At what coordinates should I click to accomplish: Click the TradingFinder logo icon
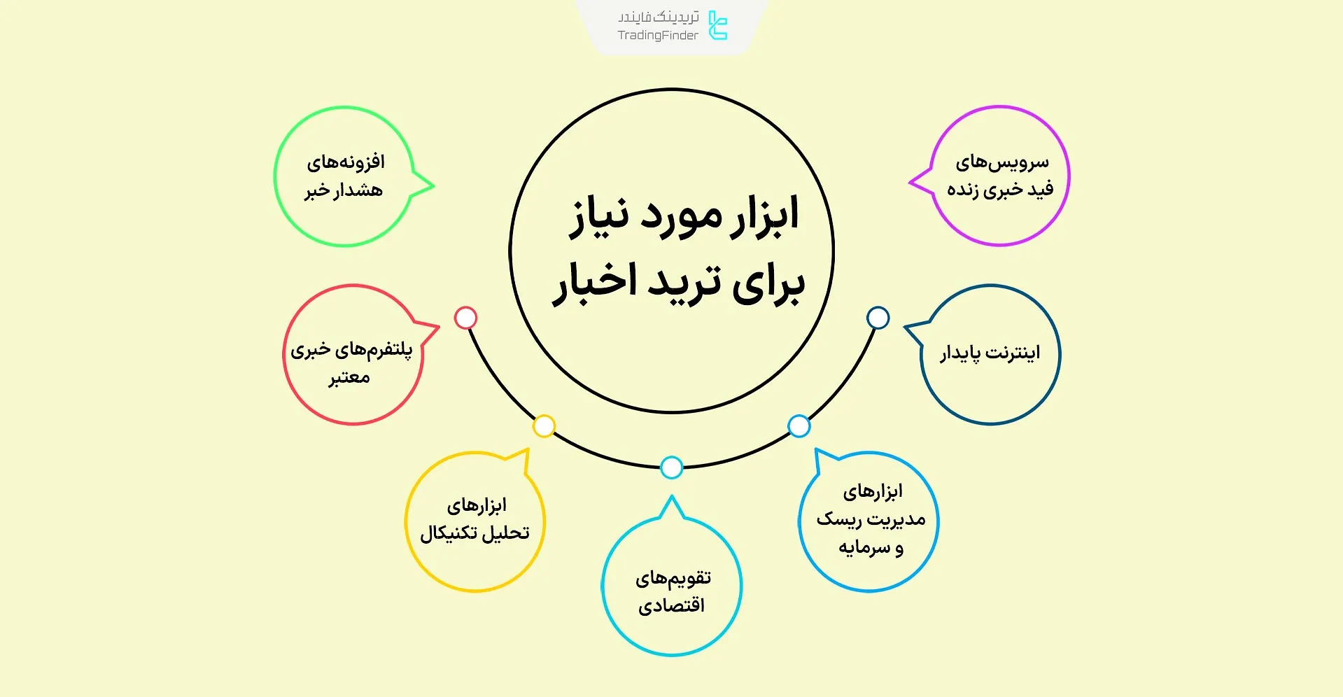[718, 25]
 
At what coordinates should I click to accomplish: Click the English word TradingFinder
[657, 36]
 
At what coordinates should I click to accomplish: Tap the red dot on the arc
[465, 318]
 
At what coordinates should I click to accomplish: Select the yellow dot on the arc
[544, 425]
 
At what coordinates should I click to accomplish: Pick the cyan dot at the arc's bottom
[671, 467]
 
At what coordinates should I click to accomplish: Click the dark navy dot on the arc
[878, 318]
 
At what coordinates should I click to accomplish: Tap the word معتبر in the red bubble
[349, 378]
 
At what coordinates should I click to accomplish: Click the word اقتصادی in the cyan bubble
[671, 605]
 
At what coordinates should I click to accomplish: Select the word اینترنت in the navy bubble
[1013, 353]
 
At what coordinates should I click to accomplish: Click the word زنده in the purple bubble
[962, 190]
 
